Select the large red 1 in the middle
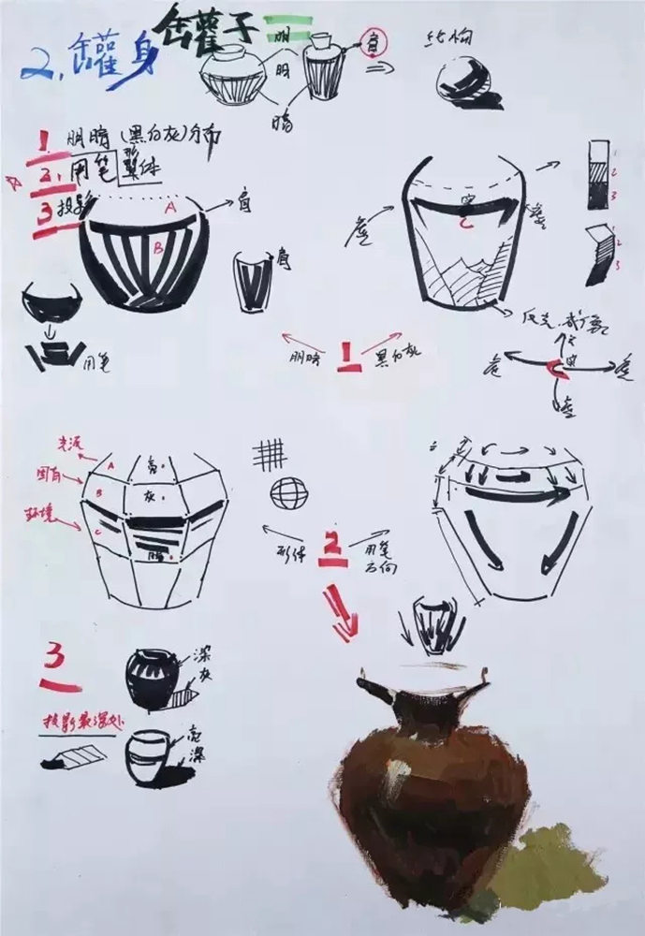point(349,357)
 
